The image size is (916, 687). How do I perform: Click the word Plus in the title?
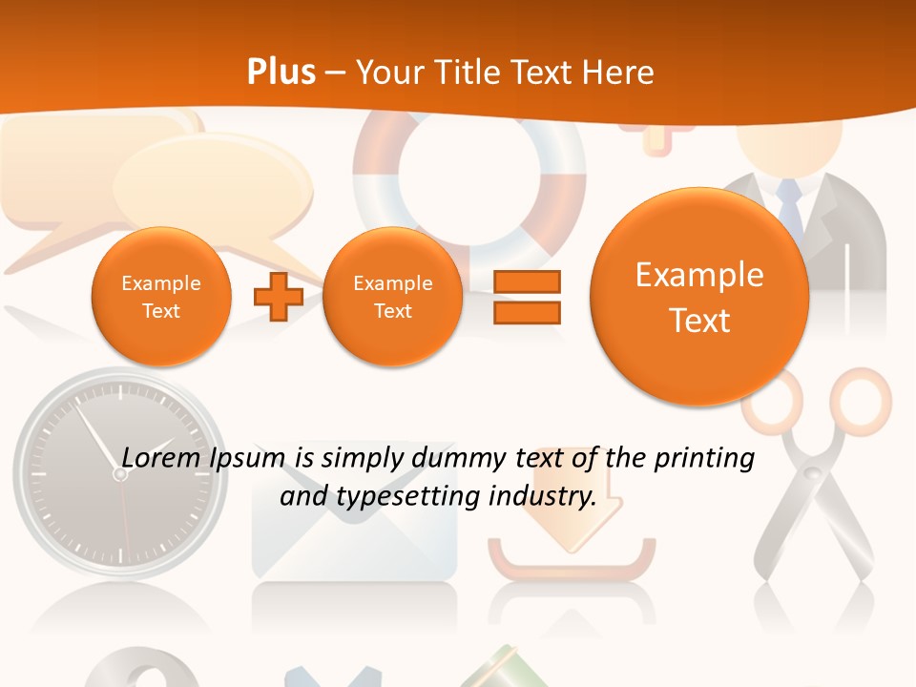click(281, 73)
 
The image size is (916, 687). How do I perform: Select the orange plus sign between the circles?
click(278, 297)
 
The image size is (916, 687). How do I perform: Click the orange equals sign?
click(527, 297)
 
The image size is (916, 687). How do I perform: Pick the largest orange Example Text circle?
click(699, 297)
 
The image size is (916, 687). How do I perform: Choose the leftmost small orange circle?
click(161, 297)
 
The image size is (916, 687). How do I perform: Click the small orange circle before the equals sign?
click(392, 297)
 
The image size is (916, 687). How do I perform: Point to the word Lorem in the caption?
click(156, 458)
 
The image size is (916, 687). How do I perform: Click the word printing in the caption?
click(704, 459)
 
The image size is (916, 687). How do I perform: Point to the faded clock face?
click(119, 472)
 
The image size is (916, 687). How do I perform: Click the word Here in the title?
click(620, 73)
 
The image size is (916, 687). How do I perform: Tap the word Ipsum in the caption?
click(246, 459)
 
